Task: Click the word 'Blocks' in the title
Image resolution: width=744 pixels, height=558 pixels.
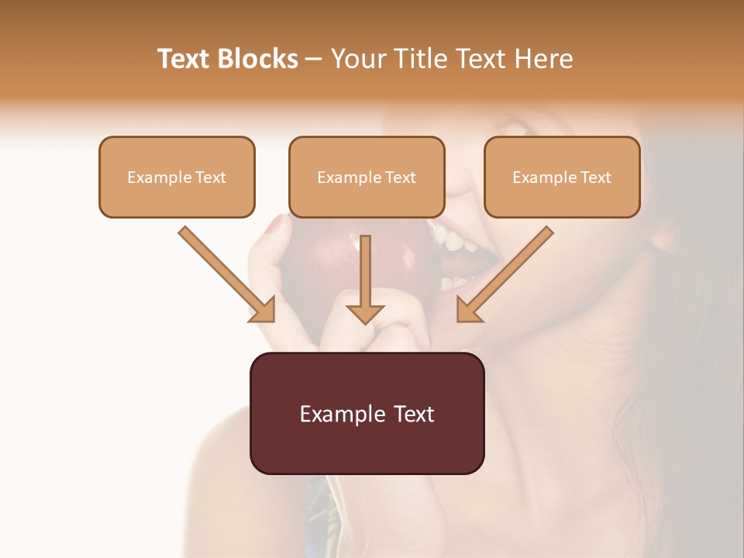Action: pos(258,59)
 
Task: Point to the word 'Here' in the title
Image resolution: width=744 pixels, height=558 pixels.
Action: pos(545,59)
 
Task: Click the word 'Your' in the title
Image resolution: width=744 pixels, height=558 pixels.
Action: pos(356,59)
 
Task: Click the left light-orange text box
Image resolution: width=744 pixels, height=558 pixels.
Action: pos(177,177)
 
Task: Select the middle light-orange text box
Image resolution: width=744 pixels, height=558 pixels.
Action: pos(367,177)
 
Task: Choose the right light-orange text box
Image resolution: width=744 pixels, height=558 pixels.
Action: pos(562,177)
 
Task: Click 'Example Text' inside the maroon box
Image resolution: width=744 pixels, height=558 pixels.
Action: pos(367,414)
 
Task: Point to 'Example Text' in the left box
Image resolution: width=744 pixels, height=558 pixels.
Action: pos(177,177)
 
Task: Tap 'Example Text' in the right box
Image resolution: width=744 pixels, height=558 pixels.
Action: pos(562,177)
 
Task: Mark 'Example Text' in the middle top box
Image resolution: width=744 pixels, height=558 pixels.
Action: pos(367,177)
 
